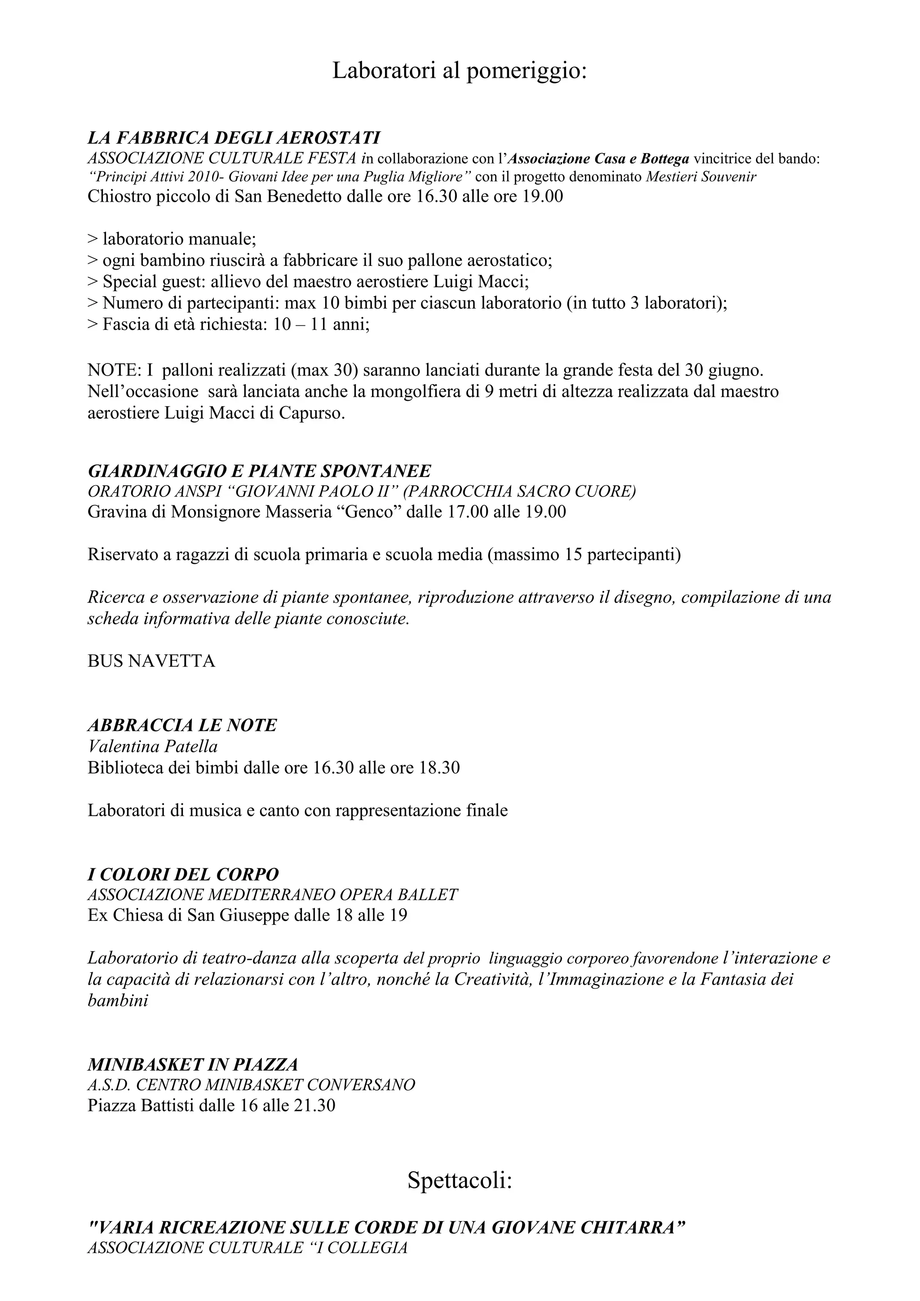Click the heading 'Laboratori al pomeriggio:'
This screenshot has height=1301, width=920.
(460, 71)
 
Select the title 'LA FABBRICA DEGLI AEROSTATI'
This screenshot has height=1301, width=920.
(234, 138)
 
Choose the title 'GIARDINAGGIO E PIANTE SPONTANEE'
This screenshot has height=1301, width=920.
(259, 471)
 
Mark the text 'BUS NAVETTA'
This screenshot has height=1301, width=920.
(151, 661)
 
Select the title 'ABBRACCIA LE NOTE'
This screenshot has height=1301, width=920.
(182, 725)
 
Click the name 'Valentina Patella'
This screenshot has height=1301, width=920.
(152, 747)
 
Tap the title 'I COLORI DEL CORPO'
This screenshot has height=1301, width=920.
(183, 874)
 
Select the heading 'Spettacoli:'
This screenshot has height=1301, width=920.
(460, 1181)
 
